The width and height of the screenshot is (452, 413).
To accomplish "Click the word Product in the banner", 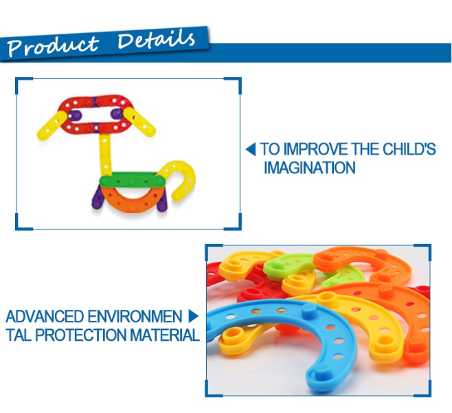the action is [x=53, y=45].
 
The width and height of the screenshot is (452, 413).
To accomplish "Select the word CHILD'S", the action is [x=409, y=149].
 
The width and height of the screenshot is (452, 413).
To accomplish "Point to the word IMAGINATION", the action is [x=310, y=168].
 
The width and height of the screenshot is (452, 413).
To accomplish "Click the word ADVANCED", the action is [x=45, y=316].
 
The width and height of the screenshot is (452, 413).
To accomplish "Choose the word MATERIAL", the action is [x=165, y=335].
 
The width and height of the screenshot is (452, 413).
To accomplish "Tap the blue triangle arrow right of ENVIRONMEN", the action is [x=194, y=316].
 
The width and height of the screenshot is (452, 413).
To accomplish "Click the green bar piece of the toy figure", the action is [x=133, y=181].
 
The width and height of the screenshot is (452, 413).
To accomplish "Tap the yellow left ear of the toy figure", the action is [x=52, y=126].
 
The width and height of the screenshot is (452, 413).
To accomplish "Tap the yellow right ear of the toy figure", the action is [x=139, y=122].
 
